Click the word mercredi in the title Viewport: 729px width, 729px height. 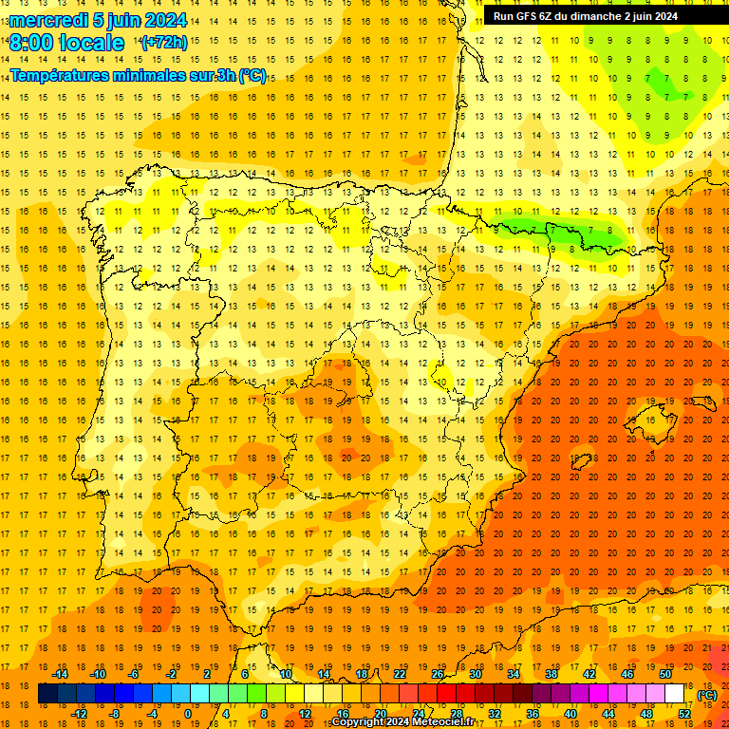click(49, 20)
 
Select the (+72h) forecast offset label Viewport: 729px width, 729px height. click(164, 43)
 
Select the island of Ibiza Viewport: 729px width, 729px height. click(581, 462)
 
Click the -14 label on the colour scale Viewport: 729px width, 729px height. click(61, 674)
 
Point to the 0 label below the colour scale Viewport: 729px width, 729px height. click(188, 714)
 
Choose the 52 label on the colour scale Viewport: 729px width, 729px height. click(684, 714)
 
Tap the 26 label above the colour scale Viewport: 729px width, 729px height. click(438, 674)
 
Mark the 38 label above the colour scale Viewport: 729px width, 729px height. click(551, 674)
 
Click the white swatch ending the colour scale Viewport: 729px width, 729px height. click(674, 694)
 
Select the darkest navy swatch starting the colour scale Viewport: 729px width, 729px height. click(47, 694)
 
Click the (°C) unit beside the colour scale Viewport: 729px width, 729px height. click(706, 694)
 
